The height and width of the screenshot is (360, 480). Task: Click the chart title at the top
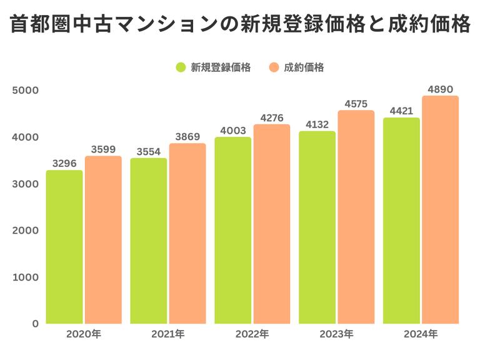(240, 25)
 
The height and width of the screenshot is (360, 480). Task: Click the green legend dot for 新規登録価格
(181, 67)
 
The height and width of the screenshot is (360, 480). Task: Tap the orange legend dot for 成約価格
(274, 67)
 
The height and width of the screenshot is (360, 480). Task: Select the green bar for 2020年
(64, 247)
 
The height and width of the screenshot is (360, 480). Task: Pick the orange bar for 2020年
(103, 240)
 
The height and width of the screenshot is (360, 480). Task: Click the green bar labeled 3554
(149, 241)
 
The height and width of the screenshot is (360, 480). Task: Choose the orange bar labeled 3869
(187, 234)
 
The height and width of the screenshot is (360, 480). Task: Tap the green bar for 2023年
(317, 227)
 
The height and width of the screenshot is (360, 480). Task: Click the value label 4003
(233, 130)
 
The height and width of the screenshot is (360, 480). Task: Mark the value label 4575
(356, 104)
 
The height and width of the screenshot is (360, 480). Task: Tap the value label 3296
(64, 164)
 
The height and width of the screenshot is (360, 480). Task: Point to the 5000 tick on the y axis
(25, 90)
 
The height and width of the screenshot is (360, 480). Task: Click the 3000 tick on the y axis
(25, 184)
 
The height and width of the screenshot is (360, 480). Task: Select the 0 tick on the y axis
(35, 324)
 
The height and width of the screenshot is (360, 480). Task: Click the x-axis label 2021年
(168, 334)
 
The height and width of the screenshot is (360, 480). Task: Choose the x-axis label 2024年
(421, 334)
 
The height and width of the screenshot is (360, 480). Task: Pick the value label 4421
(401, 111)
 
